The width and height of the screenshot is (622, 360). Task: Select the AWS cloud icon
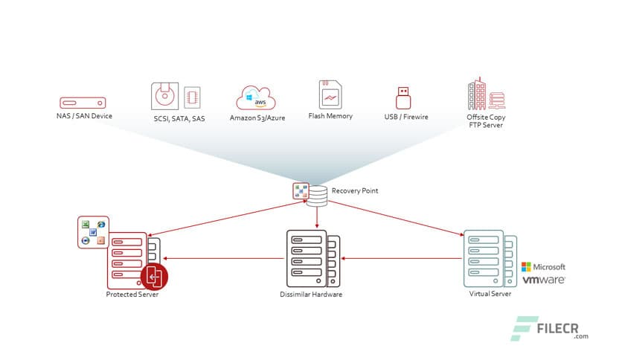click(256, 97)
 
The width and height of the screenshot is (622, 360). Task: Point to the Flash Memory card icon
click(330, 95)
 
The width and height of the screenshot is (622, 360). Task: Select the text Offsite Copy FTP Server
click(485, 121)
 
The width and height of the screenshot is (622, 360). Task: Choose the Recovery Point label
click(355, 191)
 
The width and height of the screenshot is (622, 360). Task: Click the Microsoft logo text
click(544, 266)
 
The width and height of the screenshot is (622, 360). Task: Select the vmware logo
click(543, 280)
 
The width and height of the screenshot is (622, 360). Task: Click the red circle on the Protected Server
click(155, 278)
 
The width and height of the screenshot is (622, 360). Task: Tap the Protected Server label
click(132, 295)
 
